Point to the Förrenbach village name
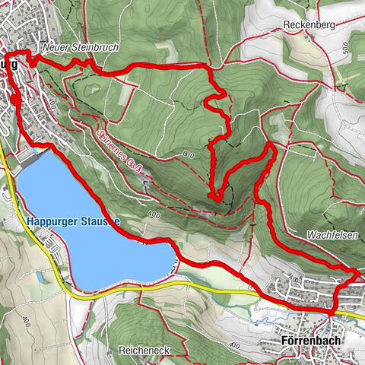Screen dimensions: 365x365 coord(312,341)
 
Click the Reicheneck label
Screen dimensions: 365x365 coord(144,351)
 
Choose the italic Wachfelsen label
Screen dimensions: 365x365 coord(333,236)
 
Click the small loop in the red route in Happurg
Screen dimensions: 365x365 coord(14,99)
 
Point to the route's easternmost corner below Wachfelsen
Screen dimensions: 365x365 coord(360,271)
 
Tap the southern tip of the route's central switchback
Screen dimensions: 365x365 coord(217,198)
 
